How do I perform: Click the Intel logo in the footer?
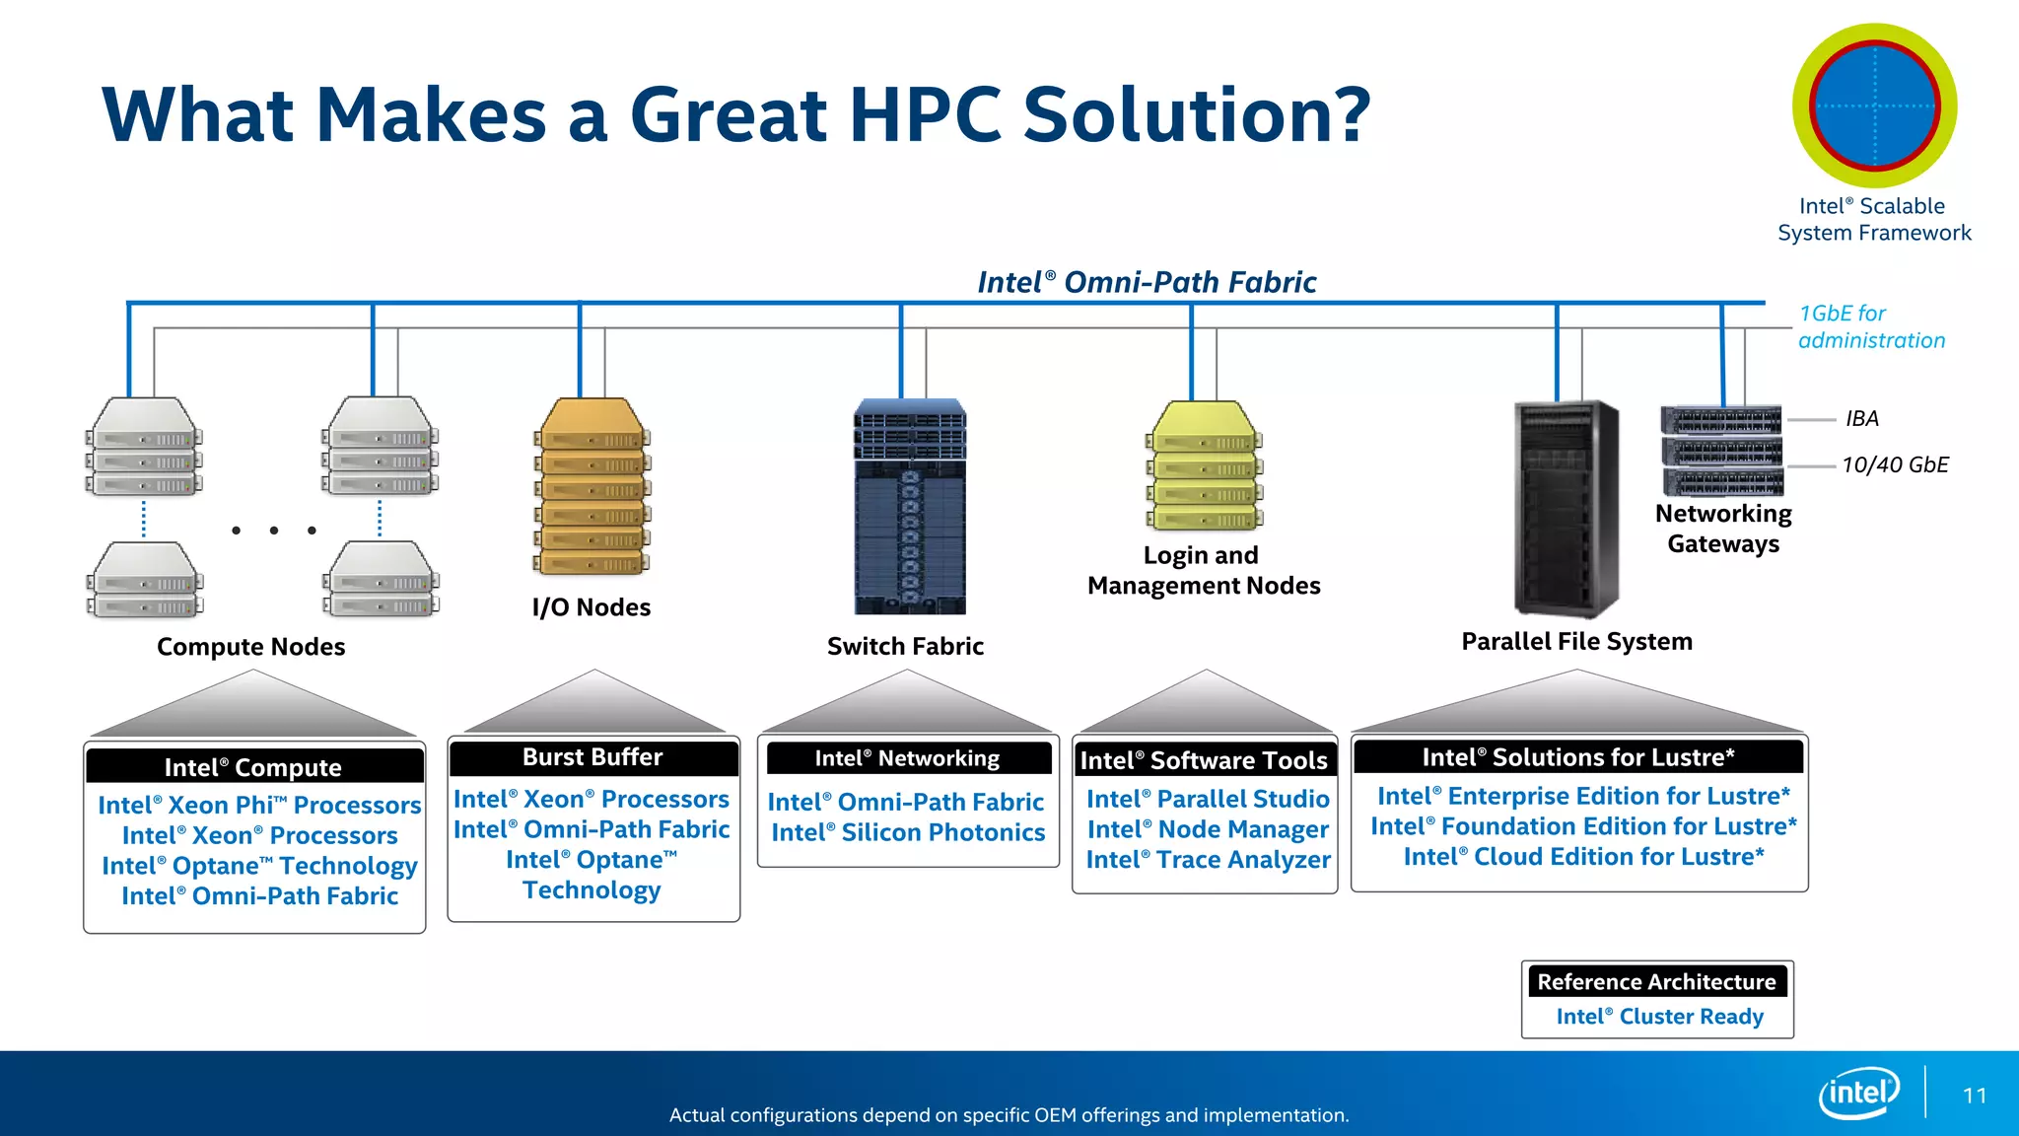tap(1859, 1093)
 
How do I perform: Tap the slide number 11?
tap(1974, 1096)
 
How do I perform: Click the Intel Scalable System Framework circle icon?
tap(1874, 106)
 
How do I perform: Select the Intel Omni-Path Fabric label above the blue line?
tap(1147, 283)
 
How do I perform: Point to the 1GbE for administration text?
tap(1870, 326)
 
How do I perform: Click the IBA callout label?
tap(1861, 419)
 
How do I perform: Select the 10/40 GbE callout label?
tap(1895, 465)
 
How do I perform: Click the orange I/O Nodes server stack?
tap(592, 487)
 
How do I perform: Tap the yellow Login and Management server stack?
tap(1204, 465)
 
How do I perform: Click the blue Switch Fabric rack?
tap(909, 507)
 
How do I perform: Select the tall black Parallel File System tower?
tap(1566, 509)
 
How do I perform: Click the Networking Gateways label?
tap(1723, 529)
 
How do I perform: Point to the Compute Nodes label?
tap(250, 647)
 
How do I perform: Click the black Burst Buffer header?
tap(592, 757)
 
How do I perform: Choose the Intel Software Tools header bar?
tap(1204, 760)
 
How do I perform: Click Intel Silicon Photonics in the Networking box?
tap(908, 833)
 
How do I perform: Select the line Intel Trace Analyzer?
tap(1208, 860)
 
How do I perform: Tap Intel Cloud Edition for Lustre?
tap(1583, 857)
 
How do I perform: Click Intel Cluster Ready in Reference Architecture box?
tap(1659, 1017)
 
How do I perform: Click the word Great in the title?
tap(729, 115)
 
